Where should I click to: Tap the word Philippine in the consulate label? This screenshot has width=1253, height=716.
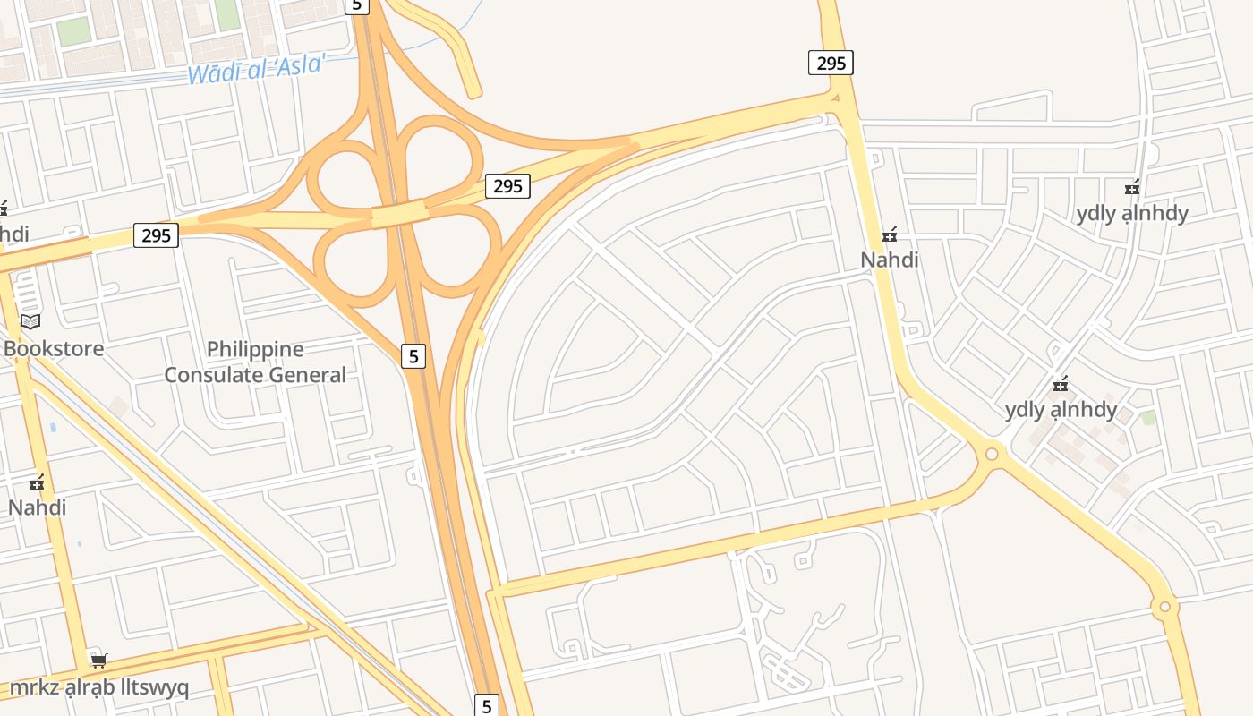click(x=255, y=349)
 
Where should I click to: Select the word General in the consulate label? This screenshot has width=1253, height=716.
click(x=302, y=375)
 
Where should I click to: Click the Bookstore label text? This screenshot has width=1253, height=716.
click(x=54, y=348)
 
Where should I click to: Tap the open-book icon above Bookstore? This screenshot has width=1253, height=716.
click(x=30, y=321)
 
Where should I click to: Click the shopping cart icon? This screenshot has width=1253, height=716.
click(x=98, y=661)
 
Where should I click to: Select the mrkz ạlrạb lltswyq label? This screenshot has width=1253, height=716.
click(x=98, y=687)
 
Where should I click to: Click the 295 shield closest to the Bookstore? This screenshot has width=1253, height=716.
click(x=156, y=235)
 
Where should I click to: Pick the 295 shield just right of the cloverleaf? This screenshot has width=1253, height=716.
click(x=507, y=186)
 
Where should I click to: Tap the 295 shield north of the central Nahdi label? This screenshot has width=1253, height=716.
click(x=831, y=63)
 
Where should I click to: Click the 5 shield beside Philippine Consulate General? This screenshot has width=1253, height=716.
click(x=413, y=355)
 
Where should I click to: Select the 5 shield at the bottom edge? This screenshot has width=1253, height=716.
click(x=486, y=705)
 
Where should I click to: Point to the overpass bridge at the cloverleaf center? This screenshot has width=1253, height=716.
click(x=398, y=214)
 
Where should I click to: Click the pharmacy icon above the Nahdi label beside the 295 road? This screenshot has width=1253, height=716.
click(x=890, y=235)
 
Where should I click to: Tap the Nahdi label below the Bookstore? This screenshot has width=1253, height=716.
click(x=37, y=507)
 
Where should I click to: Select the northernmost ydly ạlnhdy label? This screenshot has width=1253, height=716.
click(x=1132, y=213)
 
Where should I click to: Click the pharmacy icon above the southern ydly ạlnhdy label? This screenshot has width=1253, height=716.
click(x=1061, y=385)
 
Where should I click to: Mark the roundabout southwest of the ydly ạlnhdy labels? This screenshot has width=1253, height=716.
click(x=992, y=454)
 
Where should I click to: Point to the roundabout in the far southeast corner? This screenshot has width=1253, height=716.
click(x=1164, y=607)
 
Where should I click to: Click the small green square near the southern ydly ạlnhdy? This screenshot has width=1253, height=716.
click(x=1148, y=418)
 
